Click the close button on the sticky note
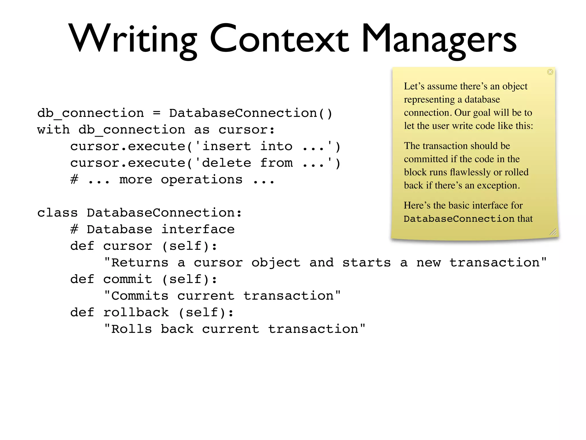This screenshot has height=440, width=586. click(550, 72)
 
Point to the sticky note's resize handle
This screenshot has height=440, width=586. click(553, 232)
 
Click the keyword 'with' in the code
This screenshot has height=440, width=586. click(54, 130)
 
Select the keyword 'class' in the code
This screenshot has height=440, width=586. click(58, 213)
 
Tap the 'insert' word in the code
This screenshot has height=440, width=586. click(226, 146)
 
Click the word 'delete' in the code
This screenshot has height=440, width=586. click(226, 163)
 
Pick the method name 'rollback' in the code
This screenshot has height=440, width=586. click(136, 313)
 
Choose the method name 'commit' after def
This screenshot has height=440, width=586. click(128, 279)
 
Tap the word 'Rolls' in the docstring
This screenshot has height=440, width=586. click(131, 329)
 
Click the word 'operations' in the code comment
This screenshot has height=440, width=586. click(201, 180)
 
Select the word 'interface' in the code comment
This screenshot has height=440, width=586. click(198, 229)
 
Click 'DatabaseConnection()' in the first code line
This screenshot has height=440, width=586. click(251, 113)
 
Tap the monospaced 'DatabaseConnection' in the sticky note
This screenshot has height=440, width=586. click(459, 219)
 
